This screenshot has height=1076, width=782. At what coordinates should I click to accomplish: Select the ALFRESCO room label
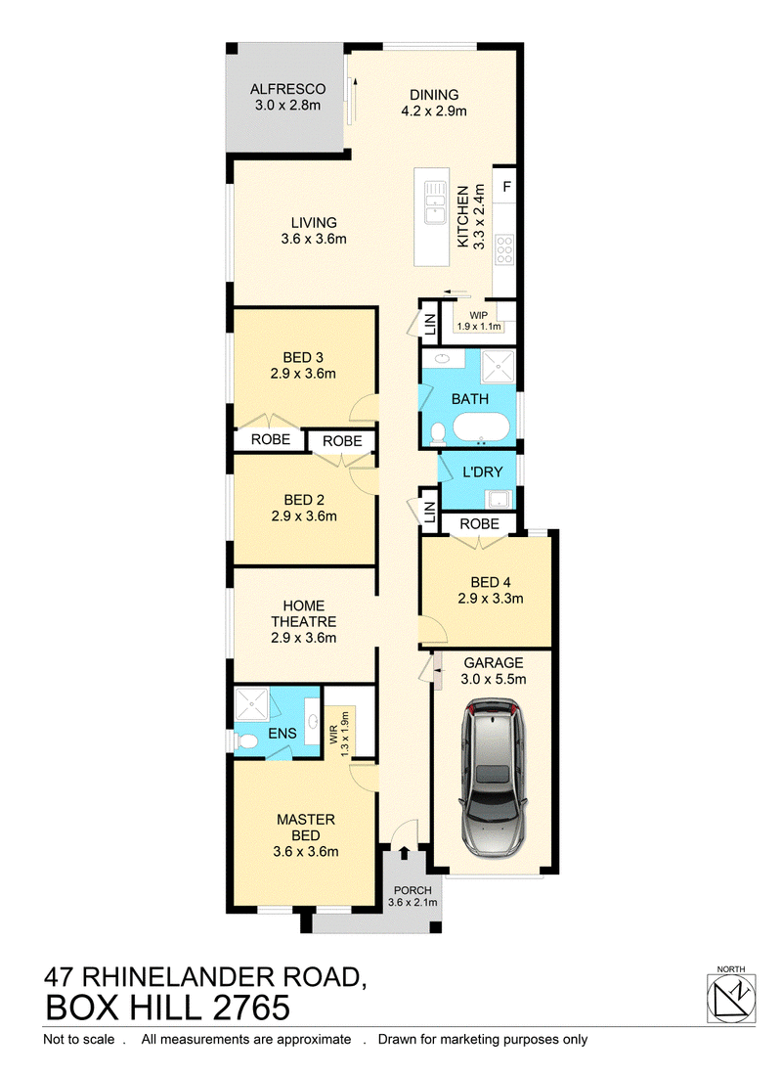point(287,89)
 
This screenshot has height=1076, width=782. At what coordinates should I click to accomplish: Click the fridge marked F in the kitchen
point(506,186)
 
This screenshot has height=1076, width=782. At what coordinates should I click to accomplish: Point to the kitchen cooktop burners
point(504,249)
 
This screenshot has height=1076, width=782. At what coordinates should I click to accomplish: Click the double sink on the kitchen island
point(435,202)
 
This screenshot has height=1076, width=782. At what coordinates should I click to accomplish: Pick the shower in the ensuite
point(252,704)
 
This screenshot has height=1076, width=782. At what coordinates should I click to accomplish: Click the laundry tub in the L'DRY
point(500,498)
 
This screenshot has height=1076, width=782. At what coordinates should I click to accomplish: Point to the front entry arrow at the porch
point(404,853)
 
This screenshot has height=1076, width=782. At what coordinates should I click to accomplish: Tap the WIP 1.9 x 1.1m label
point(479,321)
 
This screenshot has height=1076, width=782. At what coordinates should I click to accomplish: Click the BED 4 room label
point(491,583)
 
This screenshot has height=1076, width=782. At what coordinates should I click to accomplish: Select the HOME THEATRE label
point(304,613)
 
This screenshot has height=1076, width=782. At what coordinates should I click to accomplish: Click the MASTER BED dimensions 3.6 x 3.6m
point(306,852)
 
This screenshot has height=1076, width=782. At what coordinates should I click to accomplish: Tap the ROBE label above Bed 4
point(480,524)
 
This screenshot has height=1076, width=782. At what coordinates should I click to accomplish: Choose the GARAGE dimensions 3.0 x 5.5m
point(494,680)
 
